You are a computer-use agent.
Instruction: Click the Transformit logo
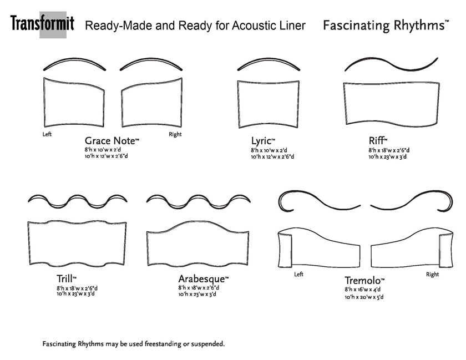(x=42, y=25)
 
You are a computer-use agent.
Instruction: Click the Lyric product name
(x=262, y=141)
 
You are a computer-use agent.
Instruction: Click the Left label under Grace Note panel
(x=48, y=135)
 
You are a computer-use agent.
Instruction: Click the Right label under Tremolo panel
(x=432, y=275)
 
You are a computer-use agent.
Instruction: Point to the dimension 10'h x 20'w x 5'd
(x=364, y=297)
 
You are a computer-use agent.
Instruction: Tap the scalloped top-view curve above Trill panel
(x=78, y=200)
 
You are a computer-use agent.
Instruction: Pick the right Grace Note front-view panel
(x=151, y=103)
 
